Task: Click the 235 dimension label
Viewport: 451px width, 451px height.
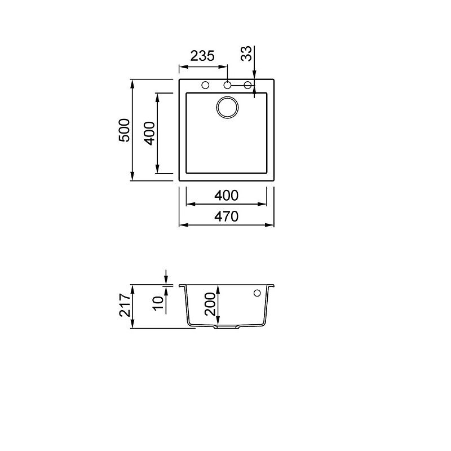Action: tap(202, 56)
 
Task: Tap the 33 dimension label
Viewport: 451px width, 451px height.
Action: tap(246, 54)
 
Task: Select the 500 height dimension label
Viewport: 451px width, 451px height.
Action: tap(125, 130)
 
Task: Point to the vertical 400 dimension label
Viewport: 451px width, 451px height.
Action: tap(149, 133)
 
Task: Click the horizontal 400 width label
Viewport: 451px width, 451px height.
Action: tap(227, 196)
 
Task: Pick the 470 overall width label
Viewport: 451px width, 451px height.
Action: tap(227, 216)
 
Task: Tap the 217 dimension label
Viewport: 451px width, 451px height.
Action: tap(125, 305)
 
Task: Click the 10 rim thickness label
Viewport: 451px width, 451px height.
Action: tap(158, 303)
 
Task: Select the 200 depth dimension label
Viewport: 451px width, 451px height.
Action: tap(210, 304)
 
